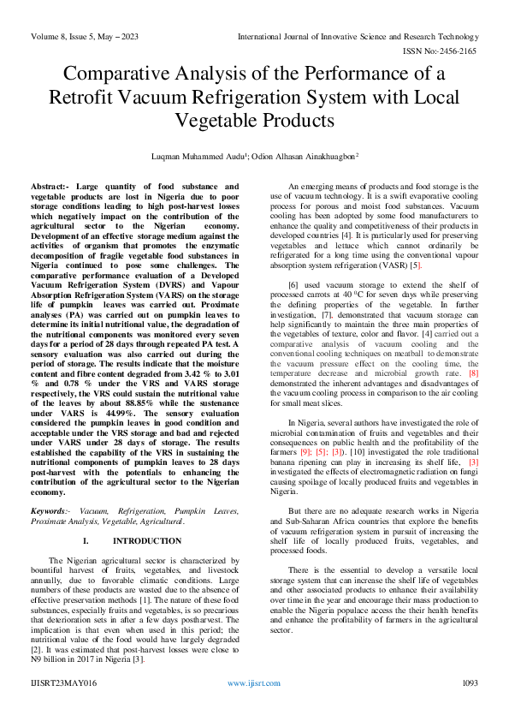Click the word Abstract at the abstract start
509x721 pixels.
50,186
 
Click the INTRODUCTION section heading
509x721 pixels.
146,541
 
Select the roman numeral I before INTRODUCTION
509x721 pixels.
85,541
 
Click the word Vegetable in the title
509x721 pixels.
242,121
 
